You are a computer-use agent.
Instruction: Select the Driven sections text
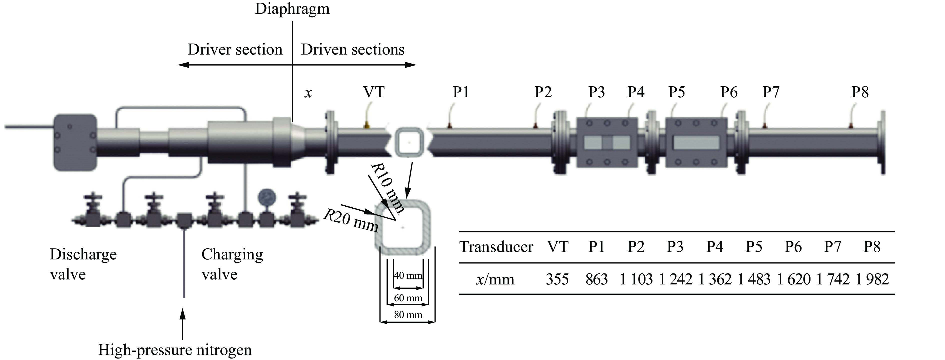[x=352, y=50]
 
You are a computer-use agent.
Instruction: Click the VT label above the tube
[x=373, y=92]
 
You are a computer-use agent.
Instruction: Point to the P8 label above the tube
[x=860, y=92]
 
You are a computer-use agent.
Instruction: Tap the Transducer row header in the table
[x=496, y=247]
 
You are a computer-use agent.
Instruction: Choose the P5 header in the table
[x=754, y=247]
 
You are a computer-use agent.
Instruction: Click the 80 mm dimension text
[x=408, y=314]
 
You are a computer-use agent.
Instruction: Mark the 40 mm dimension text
[x=408, y=275]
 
